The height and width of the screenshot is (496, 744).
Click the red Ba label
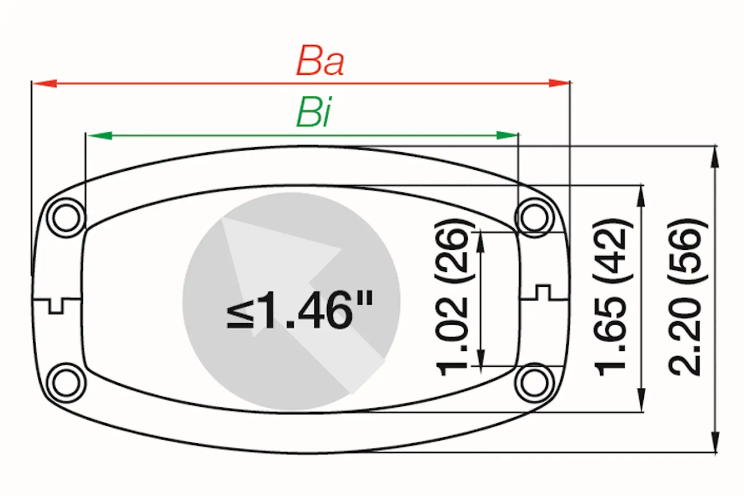320,61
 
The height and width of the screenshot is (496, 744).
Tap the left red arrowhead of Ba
44,83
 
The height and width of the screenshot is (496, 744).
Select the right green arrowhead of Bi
506,136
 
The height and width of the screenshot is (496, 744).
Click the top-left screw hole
66,218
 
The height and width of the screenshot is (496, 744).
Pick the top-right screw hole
534,218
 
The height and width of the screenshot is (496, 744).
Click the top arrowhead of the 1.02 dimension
480,242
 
